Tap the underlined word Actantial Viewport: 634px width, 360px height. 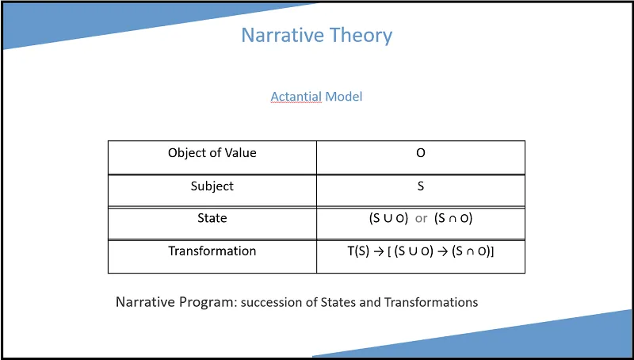click(x=296, y=97)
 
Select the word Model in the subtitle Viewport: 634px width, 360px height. click(x=344, y=97)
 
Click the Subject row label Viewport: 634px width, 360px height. click(x=212, y=186)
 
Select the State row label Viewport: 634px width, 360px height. click(x=212, y=218)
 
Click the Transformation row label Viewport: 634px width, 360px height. click(x=212, y=251)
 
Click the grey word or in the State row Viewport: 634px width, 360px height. click(x=421, y=219)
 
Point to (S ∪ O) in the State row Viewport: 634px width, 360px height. click(x=388, y=218)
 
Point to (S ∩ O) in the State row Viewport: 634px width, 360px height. click(x=453, y=218)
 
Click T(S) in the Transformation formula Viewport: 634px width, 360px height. click(x=359, y=251)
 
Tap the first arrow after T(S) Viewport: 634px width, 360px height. click(x=379, y=251)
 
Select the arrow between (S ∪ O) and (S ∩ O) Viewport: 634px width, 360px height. click(x=443, y=251)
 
